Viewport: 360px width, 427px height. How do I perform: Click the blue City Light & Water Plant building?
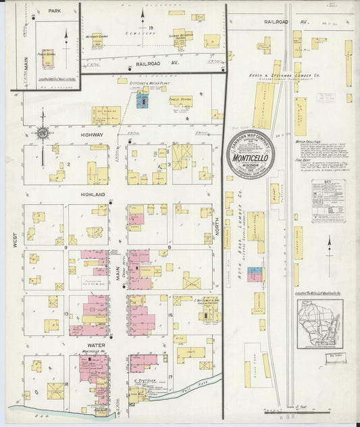tap(143, 100)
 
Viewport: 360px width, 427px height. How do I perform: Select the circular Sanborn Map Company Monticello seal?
tap(250, 155)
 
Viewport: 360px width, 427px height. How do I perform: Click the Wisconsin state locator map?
tap(319, 324)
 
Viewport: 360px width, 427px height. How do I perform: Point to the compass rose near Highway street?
tap(43, 133)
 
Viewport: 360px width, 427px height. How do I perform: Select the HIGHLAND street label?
tap(94, 195)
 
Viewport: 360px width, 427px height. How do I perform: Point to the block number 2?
tap(69, 164)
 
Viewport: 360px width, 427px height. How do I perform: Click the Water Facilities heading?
tap(307, 143)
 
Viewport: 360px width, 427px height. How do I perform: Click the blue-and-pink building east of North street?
tap(255, 274)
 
